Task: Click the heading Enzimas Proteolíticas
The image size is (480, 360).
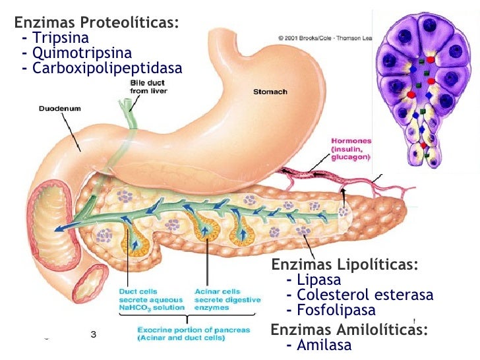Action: tap(97, 22)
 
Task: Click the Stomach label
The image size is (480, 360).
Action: tap(270, 92)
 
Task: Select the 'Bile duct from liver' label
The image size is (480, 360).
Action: tap(148, 85)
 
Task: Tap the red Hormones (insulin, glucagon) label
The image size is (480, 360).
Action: tap(351, 149)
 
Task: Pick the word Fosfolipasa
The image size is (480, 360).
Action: tap(336, 310)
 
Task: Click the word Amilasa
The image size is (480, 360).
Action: tap(324, 345)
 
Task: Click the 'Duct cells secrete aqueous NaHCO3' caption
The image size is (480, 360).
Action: tap(151, 299)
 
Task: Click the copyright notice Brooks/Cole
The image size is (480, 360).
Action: tap(323, 38)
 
